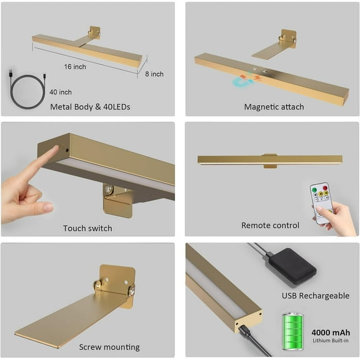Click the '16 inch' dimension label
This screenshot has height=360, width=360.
75,67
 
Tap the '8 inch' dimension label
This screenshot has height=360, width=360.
154,74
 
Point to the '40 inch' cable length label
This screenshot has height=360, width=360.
61,92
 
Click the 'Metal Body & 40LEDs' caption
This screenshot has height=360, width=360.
90,107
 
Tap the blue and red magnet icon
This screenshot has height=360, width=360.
246,79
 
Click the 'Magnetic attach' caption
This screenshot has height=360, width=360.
274,107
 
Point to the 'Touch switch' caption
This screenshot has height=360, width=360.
87,228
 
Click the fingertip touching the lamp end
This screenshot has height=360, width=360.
55,149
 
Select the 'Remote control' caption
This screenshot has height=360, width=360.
270,225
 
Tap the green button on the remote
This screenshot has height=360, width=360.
314,190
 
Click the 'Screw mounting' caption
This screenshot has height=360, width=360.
109,347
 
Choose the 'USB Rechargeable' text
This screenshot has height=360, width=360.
316,296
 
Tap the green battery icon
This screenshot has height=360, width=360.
292,331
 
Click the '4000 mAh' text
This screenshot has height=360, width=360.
331,332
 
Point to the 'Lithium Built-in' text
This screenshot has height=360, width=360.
331,341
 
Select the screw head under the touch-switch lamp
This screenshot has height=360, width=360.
107,189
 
